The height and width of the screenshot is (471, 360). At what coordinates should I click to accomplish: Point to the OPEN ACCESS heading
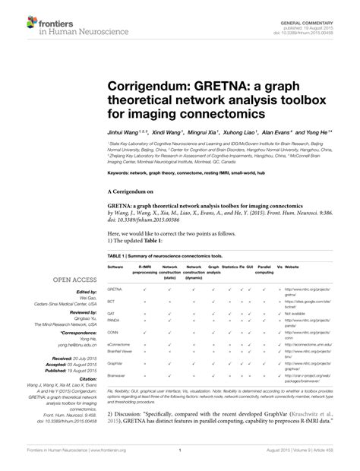pyautogui.click(x=75, y=280)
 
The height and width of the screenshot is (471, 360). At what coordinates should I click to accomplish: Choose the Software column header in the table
pyautogui.click(x=116, y=267)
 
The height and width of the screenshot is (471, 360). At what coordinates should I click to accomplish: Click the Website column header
pyautogui.click(x=292, y=267)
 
